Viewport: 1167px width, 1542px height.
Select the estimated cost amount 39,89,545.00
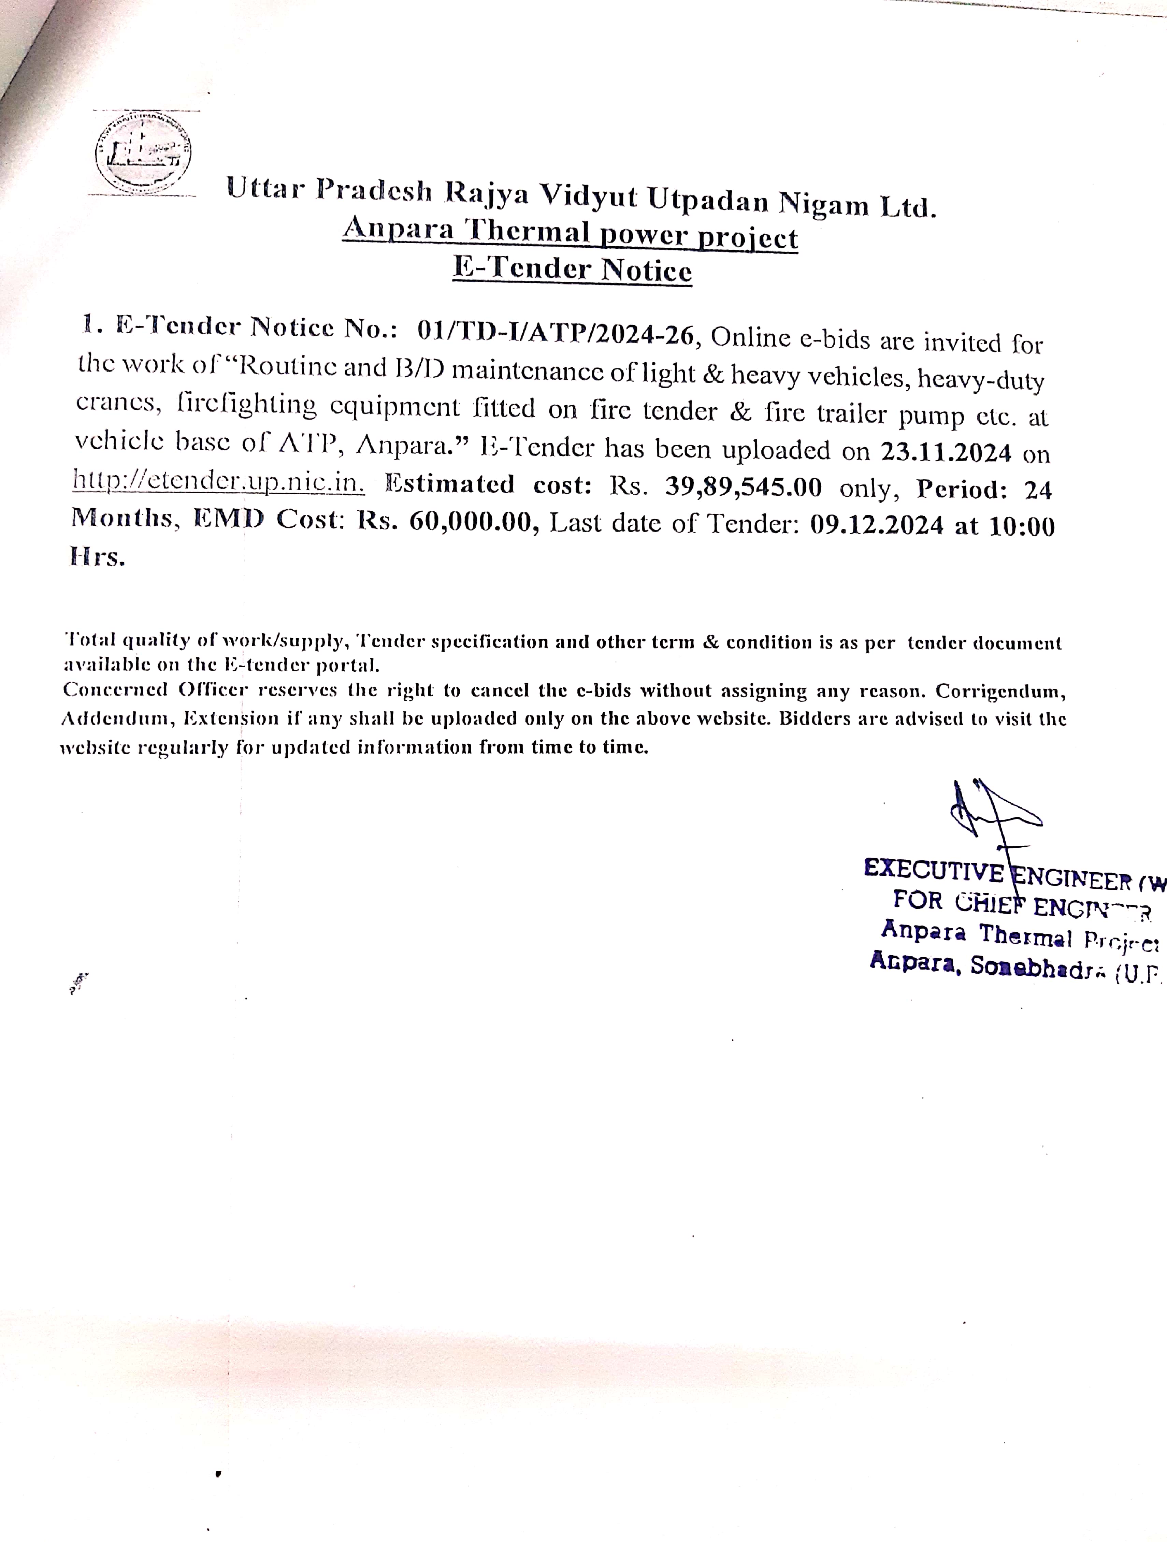coord(743,486)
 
